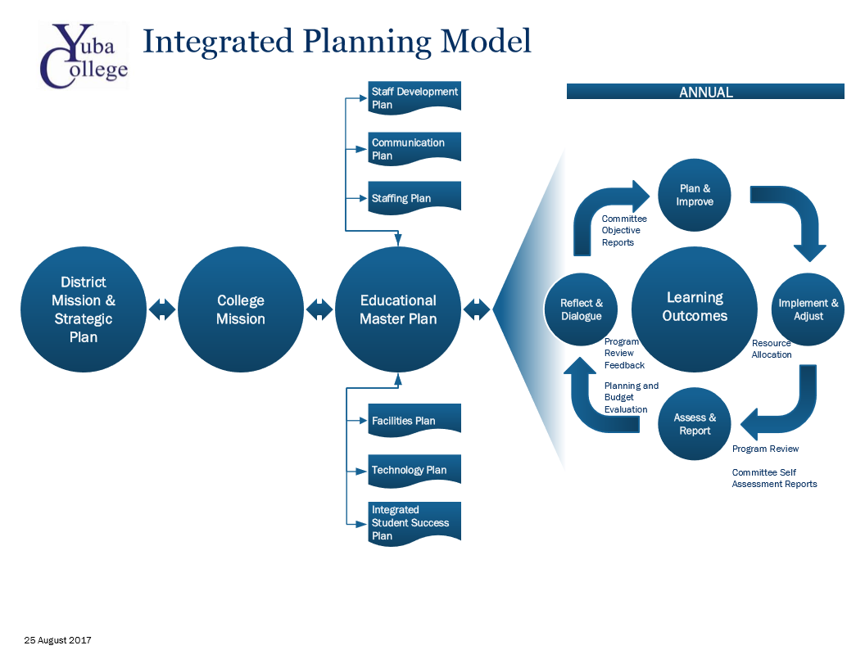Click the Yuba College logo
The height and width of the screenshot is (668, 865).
(x=84, y=55)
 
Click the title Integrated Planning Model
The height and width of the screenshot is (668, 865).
(x=337, y=41)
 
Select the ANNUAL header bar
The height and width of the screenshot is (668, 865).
(x=705, y=92)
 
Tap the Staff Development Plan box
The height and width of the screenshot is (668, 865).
(x=414, y=97)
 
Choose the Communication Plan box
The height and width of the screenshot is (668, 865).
(x=414, y=148)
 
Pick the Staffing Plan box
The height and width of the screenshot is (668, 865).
(x=414, y=197)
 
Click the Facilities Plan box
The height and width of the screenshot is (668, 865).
(x=414, y=420)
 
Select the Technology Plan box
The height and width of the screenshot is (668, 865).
(x=414, y=470)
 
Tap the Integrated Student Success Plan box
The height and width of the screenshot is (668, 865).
(x=414, y=522)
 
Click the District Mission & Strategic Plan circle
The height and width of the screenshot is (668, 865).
(x=84, y=309)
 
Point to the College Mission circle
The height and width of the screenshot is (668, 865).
(x=241, y=309)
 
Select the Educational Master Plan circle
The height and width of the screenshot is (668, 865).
(x=398, y=309)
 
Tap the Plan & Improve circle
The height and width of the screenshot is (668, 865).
(x=695, y=195)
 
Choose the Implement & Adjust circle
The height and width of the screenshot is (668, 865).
(x=808, y=309)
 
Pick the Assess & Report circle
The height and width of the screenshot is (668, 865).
(x=695, y=424)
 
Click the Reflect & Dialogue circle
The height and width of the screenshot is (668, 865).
(x=582, y=309)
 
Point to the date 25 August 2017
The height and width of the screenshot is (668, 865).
(x=57, y=640)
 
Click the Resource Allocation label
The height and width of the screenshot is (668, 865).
(x=772, y=349)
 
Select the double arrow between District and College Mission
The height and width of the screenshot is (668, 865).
(x=162, y=309)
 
